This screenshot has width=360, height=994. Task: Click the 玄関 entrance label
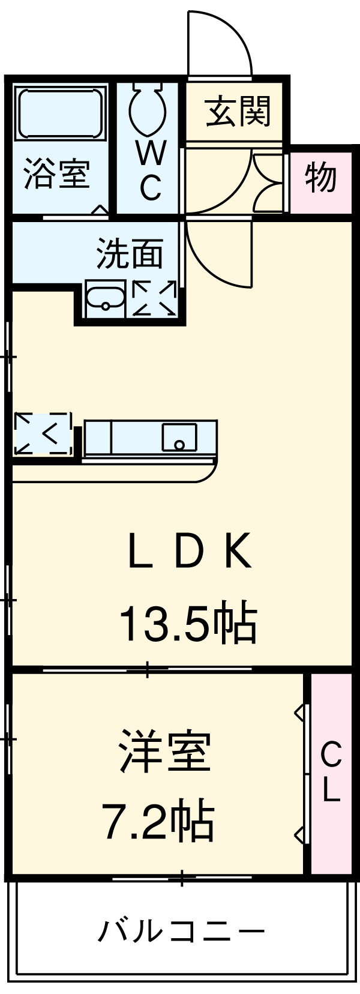238,112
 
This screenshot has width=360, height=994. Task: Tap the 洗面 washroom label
130,254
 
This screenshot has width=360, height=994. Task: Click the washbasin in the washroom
106,299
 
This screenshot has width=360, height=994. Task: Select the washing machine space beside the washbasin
154,298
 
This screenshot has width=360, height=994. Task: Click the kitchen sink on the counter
179,437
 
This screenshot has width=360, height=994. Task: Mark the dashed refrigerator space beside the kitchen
43,434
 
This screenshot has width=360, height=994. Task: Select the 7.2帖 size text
158,815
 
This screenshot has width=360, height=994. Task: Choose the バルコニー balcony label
181,927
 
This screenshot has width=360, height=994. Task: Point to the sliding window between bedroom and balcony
182,878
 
